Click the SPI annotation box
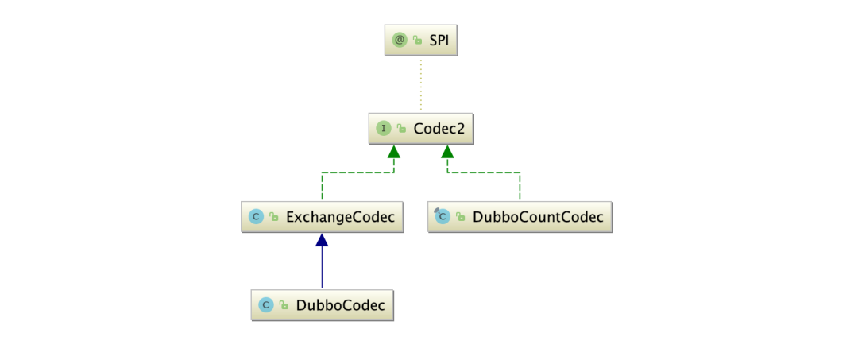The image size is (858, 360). [x=421, y=39]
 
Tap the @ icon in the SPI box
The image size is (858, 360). [x=400, y=39]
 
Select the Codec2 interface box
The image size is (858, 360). [x=421, y=127]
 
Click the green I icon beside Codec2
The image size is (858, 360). [x=384, y=127]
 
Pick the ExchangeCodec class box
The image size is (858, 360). [x=322, y=216]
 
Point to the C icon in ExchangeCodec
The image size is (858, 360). [x=256, y=216]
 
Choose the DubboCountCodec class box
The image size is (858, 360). [x=520, y=216]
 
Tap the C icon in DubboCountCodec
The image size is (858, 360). [x=442, y=216]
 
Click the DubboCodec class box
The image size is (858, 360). [x=322, y=304]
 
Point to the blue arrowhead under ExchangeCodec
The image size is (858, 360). [x=322, y=239]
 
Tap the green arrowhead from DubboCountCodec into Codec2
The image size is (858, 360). [x=448, y=151]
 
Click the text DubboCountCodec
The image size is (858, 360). [x=538, y=216]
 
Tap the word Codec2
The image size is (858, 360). [x=439, y=127]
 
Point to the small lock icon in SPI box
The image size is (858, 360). [x=417, y=40]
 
